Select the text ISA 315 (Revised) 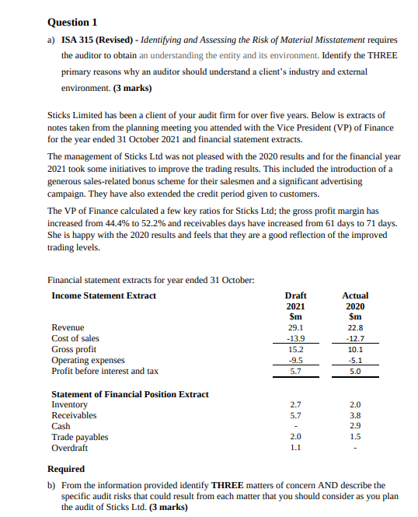(x=99, y=40)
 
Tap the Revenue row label (x=68, y=328)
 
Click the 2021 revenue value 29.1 (x=295, y=328)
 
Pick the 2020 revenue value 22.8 (x=355, y=328)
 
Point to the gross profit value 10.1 (x=355, y=350)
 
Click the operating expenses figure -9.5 (x=295, y=361)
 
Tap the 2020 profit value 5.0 (x=355, y=372)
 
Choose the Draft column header (x=295, y=295)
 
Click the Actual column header (x=355, y=295)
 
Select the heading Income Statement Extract (x=103, y=295)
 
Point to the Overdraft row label (x=70, y=448)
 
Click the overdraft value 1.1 (x=295, y=448)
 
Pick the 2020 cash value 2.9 (x=355, y=426)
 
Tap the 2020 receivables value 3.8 (x=355, y=415)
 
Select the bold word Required (x=66, y=470)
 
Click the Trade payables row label (x=80, y=437)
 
